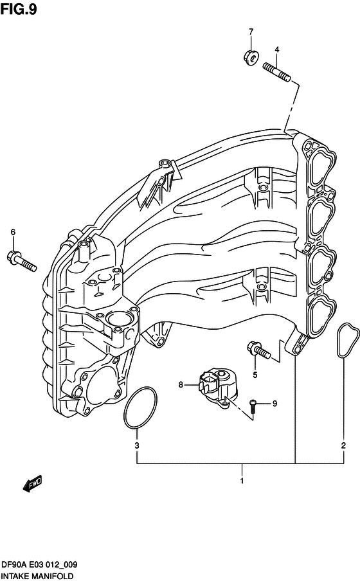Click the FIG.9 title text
point(19,9)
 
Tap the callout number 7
point(251,32)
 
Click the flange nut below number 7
point(251,57)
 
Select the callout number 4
point(277,49)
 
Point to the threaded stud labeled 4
point(276,72)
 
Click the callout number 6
point(14,233)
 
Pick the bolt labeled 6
point(22,260)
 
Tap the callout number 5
point(255,375)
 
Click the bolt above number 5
point(259,350)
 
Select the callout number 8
point(181,385)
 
